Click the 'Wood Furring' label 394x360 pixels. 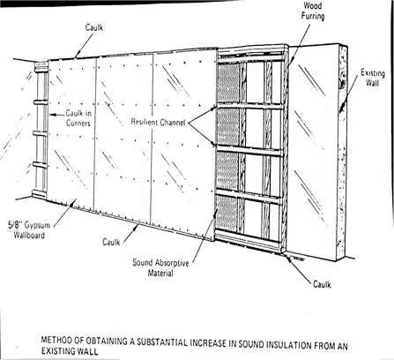(x=313, y=11)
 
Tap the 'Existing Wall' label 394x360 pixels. (x=373, y=78)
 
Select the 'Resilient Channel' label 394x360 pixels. (x=158, y=122)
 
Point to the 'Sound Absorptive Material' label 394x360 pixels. (x=160, y=267)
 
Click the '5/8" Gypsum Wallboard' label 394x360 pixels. (x=29, y=230)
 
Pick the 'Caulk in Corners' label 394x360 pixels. (x=78, y=117)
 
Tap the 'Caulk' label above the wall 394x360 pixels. (x=94, y=27)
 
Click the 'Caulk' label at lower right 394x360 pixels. (x=322, y=284)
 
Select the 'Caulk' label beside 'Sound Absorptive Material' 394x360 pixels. (x=111, y=242)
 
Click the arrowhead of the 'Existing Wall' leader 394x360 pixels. (x=341, y=110)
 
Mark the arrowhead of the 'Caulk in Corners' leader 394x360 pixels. (x=51, y=115)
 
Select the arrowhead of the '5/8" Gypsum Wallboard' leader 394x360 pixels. (x=74, y=201)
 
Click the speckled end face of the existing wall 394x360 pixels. (x=343, y=153)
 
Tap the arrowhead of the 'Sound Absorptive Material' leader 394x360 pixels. (x=217, y=211)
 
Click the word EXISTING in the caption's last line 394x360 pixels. (x=58, y=351)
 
